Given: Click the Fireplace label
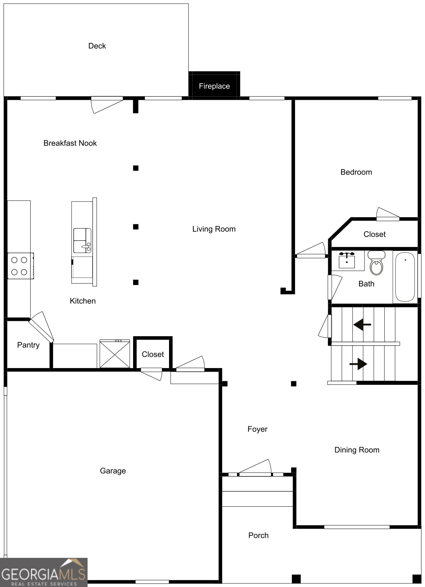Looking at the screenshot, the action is pyautogui.click(x=214, y=86).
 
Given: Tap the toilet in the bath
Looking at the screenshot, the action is pyautogui.click(x=377, y=263).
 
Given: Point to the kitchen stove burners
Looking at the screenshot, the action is pyautogui.click(x=19, y=266).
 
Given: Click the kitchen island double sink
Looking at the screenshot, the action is pyautogui.click(x=82, y=240).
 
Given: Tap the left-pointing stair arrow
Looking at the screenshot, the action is pyautogui.click(x=362, y=324).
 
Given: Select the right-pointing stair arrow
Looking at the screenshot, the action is pyautogui.click(x=358, y=364).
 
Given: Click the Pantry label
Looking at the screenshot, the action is pyautogui.click(x=28, y=345).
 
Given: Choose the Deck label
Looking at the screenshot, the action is pyautogui.click(x=97, y=46).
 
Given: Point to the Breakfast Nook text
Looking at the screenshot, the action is pyautogui.click(x=70, y=143).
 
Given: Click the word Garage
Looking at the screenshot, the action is pyautogui.click(x=113, y=471).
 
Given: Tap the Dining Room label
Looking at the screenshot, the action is pyautogui.click(x=357, y=450).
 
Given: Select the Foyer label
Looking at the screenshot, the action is pyautogui.click(x=257, y=429).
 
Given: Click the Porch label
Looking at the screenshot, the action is pyautogui.click(x=258, y=535).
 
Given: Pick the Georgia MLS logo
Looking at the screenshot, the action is pyautogui.click(x=43, y=572).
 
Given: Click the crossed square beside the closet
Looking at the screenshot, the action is pyautogui.click(x=115, y=354).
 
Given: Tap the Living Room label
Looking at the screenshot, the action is pyautogui.click(x=214, y=229).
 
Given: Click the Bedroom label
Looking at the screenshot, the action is pyautogui.click(x=356, y=172).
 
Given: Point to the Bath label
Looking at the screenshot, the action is pyautogui.click(x=367, y=284).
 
